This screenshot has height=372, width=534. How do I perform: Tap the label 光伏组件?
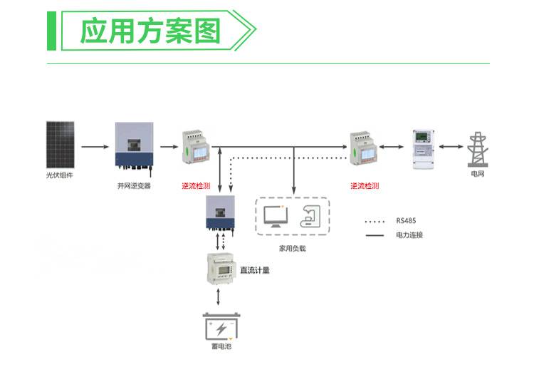pyautogui.click(x=60, y=175)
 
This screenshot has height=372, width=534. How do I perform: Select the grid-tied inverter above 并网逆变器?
pyautogui.click(x=134, y=147)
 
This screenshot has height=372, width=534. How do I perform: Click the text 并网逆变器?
pyautogui.click(x=134, y=186)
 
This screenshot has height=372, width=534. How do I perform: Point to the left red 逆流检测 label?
pyautogui.click(x=196, y=186)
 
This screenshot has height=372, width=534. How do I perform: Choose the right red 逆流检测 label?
pyautogui.click(x=365, y=186)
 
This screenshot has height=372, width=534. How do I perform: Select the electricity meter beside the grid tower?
pyautogui.click(x=424, y=148)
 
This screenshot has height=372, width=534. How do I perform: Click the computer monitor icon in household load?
pyautogui.click(x=274, y=215)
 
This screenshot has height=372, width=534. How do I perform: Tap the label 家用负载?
pyautogui.click(x=292, y=249)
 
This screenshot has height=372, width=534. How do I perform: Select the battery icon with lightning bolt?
pyautogui.click(x=222, y=329)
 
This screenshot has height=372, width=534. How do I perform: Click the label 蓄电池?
pyautogui.click(x=223, y=347)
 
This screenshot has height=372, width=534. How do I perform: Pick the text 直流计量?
pyautogui.click(x=255, y=270)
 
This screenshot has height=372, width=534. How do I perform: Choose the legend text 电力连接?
pyautogui.click(x=409, y=234)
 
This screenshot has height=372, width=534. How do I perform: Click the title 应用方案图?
pyautogui.click(x=150, y=31)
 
